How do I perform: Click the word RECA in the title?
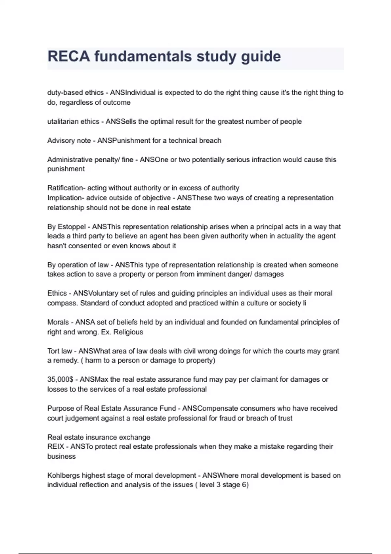69,56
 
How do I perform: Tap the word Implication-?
65,198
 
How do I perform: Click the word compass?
62,303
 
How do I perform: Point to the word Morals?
58,322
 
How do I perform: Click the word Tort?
53,351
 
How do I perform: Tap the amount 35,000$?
60,380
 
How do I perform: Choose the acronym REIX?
56,446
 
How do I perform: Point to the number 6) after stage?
245,485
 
